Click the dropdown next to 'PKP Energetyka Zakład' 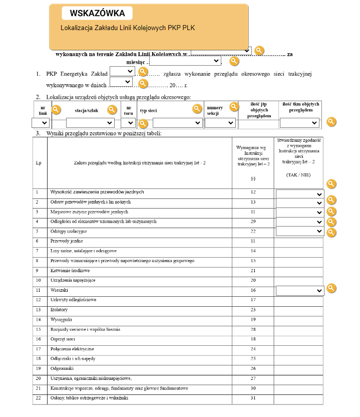click(122, 71)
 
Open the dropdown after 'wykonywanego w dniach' click(121, 81)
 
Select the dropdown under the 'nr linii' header click(40, 123)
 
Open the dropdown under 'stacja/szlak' click(90, 123)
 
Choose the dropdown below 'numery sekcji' click(220, 123)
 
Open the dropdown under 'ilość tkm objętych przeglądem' click(299, 123)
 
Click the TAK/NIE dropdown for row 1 click(299, 194)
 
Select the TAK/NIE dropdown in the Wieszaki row click(299, 290)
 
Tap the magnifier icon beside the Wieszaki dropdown click(331, 288)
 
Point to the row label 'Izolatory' click(59, 310)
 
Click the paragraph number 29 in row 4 click(253, 222)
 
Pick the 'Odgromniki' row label click(62, 368)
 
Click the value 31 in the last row click(253, 398)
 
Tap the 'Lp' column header click(39, 163)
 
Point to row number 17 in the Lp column click(38, 349)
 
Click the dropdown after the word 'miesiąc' click(185, 61)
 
